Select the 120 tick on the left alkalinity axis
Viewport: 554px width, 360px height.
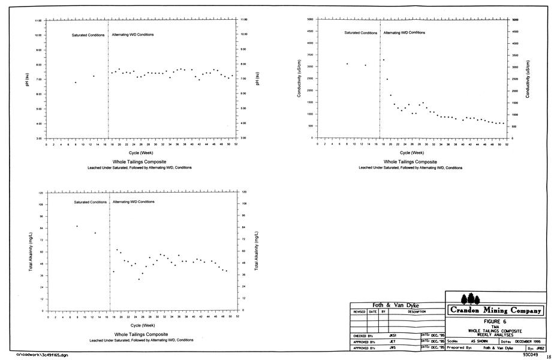coord(40,193)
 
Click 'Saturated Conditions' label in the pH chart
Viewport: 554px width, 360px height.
coord(88,35)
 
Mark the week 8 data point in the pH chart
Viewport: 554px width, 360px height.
coord(76,82)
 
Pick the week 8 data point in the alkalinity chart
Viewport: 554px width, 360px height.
coord(77,226)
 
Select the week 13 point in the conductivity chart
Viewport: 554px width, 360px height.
coord(365,65)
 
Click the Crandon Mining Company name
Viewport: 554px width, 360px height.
coord(495,311)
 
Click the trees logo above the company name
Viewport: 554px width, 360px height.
coord(469,298)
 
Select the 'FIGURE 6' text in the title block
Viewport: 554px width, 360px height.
coord(495,321)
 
